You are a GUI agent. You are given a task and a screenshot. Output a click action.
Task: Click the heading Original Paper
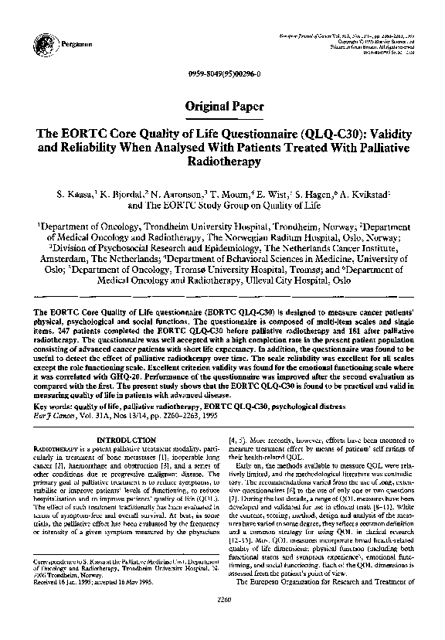(222, 106)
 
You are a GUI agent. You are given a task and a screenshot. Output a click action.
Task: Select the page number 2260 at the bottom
(222, 618)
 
